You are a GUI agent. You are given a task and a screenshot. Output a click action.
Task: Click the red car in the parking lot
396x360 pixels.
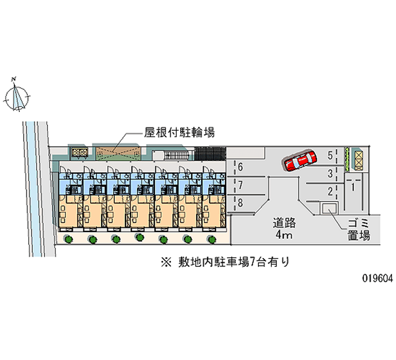point(300,160)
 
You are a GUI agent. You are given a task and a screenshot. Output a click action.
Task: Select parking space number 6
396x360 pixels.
point(240,166)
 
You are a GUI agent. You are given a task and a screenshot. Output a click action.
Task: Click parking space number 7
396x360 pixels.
point(240,186)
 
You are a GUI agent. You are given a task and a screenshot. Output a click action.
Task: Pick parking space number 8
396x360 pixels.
point(240,203)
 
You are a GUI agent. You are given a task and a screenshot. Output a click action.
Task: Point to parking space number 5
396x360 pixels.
point(330,155)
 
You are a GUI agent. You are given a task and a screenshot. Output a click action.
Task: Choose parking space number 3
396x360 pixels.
point(330,173)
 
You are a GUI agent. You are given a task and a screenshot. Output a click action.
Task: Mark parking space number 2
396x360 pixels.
point(330,191)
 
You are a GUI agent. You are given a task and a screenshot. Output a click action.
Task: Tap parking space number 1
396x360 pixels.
point(352,187)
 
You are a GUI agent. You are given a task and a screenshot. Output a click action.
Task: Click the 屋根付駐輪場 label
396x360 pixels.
point(179,132)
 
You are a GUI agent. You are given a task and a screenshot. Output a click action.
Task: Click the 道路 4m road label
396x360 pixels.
point(284,229)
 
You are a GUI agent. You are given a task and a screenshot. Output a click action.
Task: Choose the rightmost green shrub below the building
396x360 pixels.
point(212,239)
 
